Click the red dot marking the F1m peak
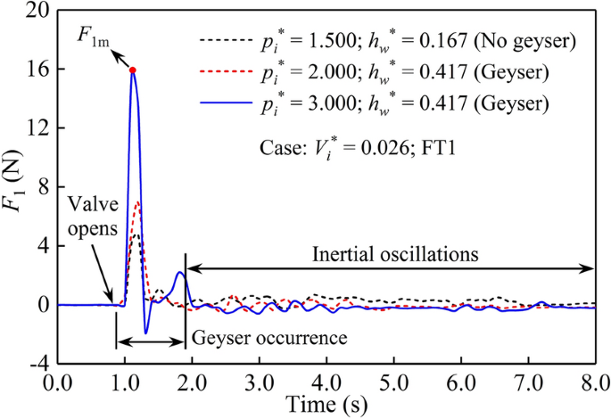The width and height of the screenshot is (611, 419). [x=132, y=70]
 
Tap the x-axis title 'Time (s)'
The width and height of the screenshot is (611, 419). [x=326, y=405]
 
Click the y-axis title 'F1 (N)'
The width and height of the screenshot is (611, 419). [x=16, y=187]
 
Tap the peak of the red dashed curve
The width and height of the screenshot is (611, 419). [x=137, y=201]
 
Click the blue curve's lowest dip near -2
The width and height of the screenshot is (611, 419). [x=145, y=333]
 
